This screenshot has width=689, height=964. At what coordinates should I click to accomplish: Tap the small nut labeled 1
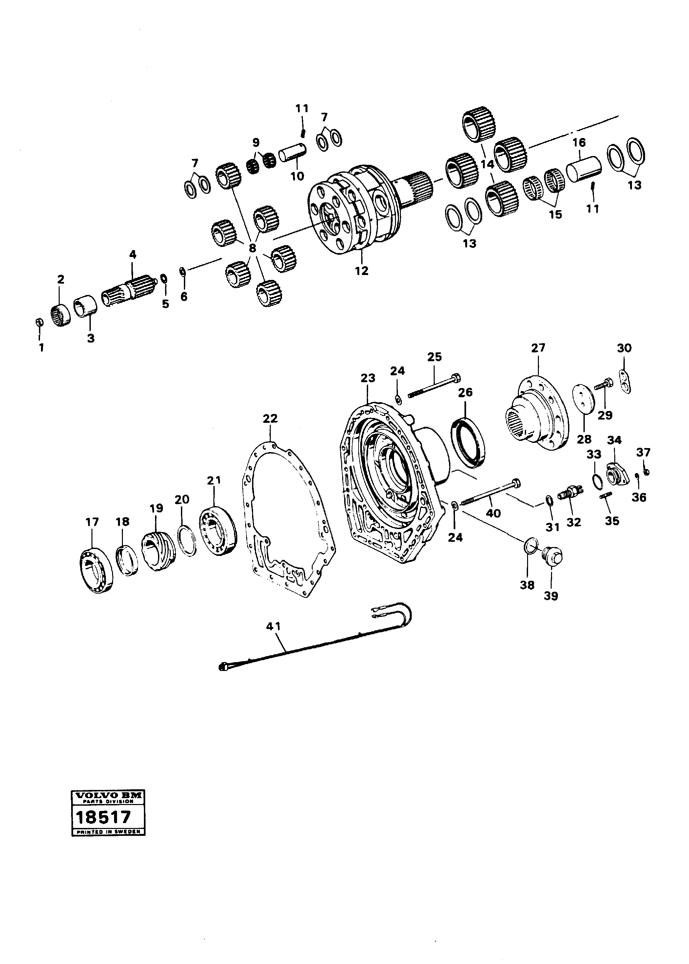click(38, 323)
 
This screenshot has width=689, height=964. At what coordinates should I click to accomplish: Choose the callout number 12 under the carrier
click(362, 270)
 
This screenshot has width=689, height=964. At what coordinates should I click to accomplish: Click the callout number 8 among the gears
click(252, 248)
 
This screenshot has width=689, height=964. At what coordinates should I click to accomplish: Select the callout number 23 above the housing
click(368, 378)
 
